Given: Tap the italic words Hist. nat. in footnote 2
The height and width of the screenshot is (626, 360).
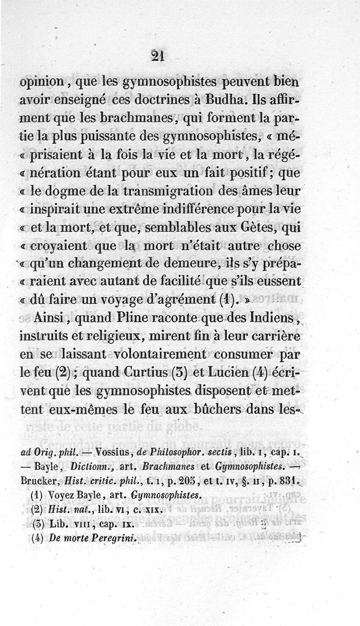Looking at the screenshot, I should [64, 510].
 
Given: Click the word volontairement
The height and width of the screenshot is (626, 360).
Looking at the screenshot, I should [160, 355].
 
